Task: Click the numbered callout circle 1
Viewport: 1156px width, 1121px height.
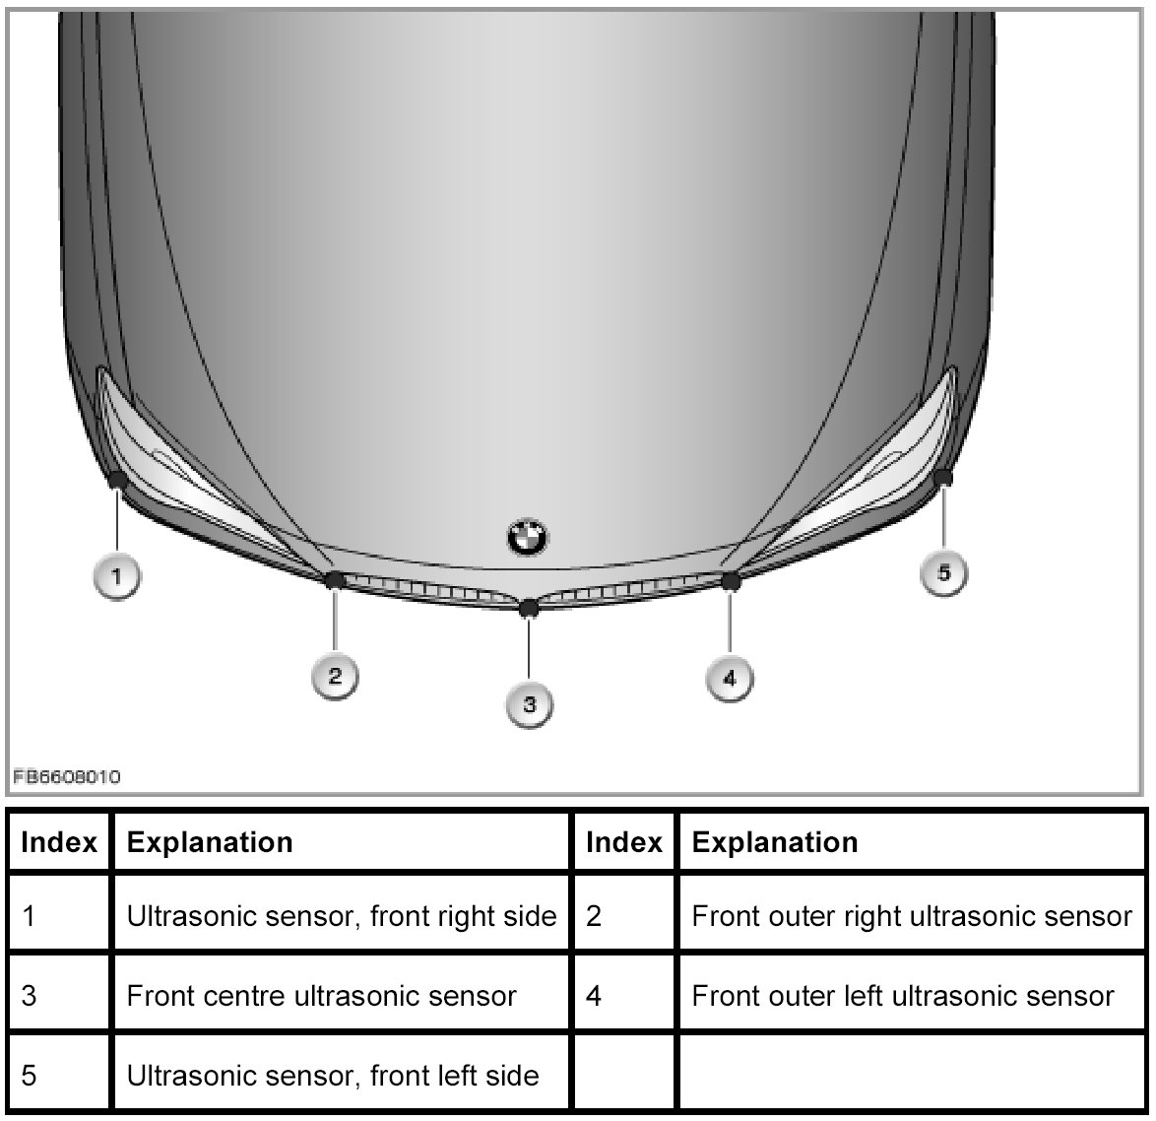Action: point(117,575)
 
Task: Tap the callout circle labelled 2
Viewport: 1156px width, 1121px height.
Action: point(335,675)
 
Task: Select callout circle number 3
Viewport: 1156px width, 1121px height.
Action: point(530,703)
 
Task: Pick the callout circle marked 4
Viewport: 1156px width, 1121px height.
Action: point(729,677)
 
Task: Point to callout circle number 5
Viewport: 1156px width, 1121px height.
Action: point(943,572)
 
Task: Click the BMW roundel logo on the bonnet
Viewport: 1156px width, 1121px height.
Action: point(528,536)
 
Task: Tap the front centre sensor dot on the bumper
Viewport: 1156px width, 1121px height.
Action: point(529,607)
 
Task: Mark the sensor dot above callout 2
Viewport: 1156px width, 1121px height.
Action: point(334,579)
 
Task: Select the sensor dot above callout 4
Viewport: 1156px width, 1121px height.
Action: point(731,581)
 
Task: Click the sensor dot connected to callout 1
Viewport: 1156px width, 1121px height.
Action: point(116,480)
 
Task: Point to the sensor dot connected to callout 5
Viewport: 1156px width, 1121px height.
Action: point(943,478)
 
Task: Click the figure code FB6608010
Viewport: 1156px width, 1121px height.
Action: point(67,777)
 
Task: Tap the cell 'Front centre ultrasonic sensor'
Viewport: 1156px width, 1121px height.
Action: point(321,995)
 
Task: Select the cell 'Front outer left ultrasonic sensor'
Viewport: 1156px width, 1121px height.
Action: point(903,995)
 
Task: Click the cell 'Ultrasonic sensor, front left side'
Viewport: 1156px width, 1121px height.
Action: point(333,1074)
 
